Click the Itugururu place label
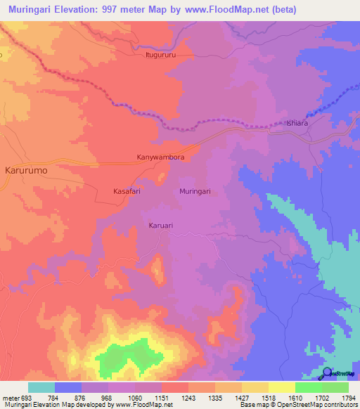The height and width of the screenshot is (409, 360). (159, 54)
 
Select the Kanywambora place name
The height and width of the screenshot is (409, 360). (160, 157)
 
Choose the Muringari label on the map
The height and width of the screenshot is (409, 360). (195, 191)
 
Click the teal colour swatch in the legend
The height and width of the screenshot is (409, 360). (41, 387)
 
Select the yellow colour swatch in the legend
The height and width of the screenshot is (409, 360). (281, 387)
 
